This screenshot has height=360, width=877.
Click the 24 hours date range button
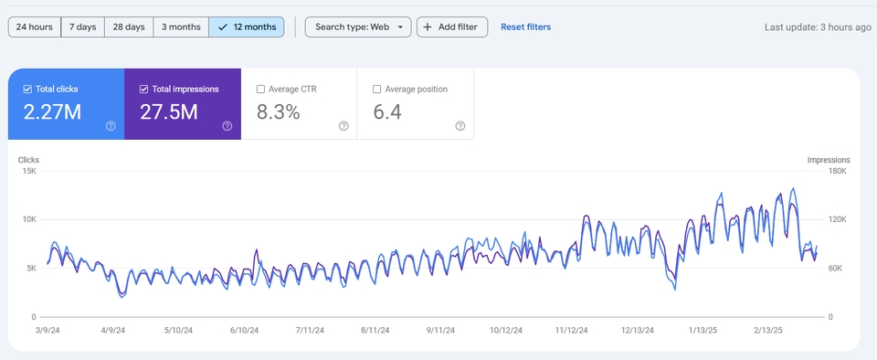tap(35, 26)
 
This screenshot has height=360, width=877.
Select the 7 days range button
tap(83, 26)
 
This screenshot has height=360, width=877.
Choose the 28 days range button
tap(129, 26)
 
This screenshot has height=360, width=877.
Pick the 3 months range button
tap(181, 26)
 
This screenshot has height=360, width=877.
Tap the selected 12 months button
tap(247, 26)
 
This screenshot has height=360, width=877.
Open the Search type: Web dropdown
tap(358, 26)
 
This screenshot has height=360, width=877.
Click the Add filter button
tap(452, 26)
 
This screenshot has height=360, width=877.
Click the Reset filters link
tap(526, 26)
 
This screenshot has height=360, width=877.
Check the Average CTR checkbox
tap(260, 89)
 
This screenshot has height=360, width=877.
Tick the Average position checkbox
tap(376, 89)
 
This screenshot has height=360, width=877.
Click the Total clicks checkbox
tap(27, 89)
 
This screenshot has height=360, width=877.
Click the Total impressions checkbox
tap(143, 89)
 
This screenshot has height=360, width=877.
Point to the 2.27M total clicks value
tap(52, 112)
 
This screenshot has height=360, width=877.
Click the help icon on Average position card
tap(460, 126)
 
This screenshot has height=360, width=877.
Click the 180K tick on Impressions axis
tap(838, 171)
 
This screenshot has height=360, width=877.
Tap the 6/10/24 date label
tap(246, 331)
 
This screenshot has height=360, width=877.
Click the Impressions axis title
tap(829, 160)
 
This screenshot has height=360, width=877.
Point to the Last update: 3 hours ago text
tap(818, 26)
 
